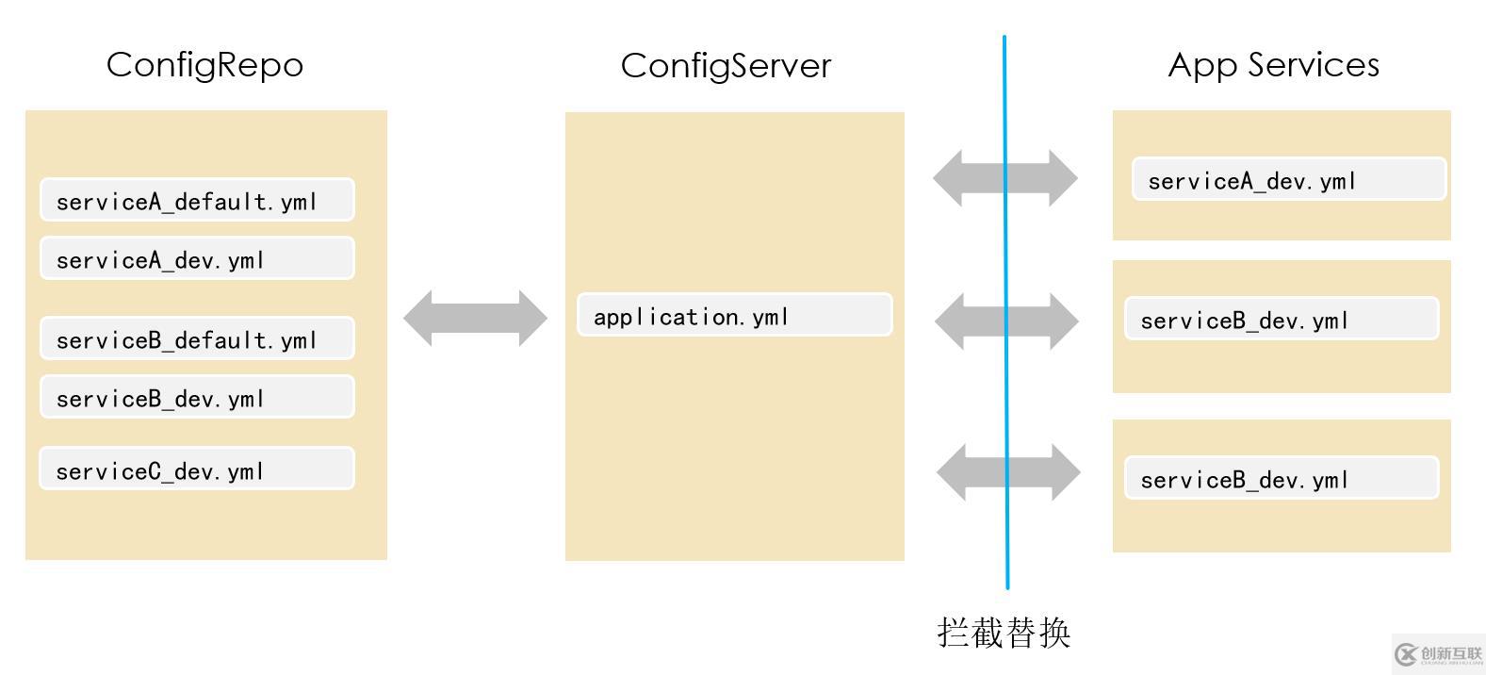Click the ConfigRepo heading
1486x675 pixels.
coord(204,65)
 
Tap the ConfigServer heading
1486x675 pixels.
coord(726,66)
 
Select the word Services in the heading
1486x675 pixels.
coord(1314,65)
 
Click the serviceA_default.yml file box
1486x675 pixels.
coord(197,200)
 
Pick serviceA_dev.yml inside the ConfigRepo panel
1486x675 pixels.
coord(197,258)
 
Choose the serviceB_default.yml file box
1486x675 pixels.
coord(197,338)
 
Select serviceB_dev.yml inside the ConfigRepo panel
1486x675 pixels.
coord(197,397)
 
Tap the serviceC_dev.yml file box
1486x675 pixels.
coord(197,469)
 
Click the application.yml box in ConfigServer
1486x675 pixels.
coord(734,315)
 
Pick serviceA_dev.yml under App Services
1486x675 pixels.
coord(1288,179)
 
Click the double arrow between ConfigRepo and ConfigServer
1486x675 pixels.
coord(475,319)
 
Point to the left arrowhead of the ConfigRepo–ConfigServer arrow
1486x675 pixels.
coord(417,319)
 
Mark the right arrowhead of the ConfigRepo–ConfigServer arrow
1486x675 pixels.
coord(533,319)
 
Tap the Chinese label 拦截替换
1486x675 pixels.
coord(1004,633)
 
